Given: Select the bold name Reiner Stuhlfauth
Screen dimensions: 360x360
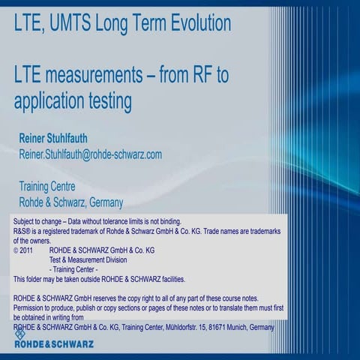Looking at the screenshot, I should (63, 138).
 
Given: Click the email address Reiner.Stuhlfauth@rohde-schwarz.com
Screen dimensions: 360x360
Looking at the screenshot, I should (90, 154).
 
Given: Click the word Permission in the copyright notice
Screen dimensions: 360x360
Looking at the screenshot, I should (31, 307).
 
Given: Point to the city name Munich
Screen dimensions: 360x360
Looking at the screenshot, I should (240, 327).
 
